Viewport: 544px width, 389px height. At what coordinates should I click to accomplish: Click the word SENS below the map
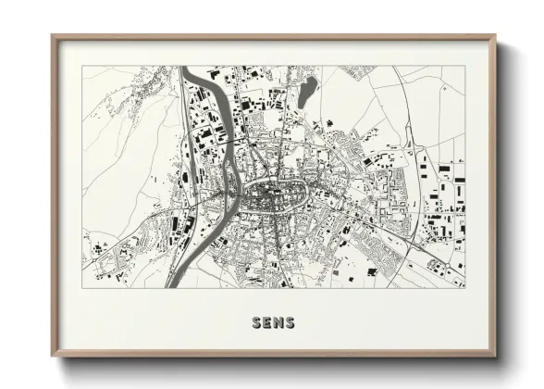pos(272,322)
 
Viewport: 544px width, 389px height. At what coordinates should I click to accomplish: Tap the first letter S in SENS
pos(256,322)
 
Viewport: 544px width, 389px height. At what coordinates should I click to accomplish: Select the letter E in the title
pos(266,322)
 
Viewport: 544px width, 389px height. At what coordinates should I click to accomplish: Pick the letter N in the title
pos(278,322)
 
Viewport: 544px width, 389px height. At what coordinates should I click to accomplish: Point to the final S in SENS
pos(289,322)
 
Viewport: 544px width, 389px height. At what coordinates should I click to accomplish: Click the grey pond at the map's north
pos(307,90)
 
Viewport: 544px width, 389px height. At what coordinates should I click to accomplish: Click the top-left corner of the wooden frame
pos(53,36)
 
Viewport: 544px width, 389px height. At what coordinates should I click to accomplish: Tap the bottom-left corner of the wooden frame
pos(53,356)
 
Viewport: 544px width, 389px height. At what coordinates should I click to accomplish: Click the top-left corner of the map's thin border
pos(82,66)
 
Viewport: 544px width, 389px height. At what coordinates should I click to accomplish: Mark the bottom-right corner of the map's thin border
pos(464,288)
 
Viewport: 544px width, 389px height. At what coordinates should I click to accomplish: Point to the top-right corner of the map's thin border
pos(464,66)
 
